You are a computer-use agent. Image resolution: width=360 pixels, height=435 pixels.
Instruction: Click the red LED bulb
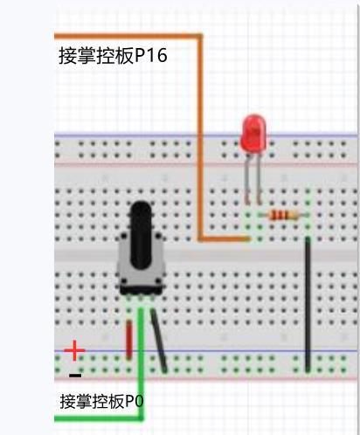point(253,133)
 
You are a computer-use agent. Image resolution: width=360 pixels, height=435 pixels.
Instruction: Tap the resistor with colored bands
point(283,216)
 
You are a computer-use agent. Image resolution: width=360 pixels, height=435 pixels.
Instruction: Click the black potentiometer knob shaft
point(142,234)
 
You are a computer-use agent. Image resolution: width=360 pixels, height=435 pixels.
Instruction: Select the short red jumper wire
point(128,339)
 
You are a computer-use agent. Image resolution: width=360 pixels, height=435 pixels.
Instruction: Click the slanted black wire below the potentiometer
point(159,341)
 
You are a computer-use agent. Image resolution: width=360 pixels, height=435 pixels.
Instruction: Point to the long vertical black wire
point(308,305)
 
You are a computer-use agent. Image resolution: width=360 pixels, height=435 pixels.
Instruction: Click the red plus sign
point(74,350)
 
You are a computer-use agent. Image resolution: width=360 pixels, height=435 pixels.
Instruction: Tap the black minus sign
point(75,376)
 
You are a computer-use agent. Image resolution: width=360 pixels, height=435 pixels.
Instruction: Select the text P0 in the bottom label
point(134,401)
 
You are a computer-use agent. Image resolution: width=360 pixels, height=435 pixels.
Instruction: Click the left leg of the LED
point(247,178)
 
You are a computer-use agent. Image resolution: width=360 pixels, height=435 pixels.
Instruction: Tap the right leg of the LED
point(259,178)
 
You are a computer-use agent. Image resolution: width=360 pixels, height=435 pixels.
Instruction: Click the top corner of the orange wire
point(200,36)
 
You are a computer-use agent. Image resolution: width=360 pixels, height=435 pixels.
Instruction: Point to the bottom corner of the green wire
point(141,418)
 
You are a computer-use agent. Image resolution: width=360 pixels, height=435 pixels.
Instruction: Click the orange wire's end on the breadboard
point(248,239)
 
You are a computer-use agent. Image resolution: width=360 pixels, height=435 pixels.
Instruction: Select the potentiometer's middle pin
point(141,299)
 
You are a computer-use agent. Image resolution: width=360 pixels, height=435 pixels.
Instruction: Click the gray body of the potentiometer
point(142,262)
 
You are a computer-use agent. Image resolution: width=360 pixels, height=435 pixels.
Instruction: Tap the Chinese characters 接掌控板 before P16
point(96,55)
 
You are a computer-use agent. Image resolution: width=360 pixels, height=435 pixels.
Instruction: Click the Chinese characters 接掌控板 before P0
point(93,401)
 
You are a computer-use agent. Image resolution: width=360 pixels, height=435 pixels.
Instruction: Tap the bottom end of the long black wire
point(308,370)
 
